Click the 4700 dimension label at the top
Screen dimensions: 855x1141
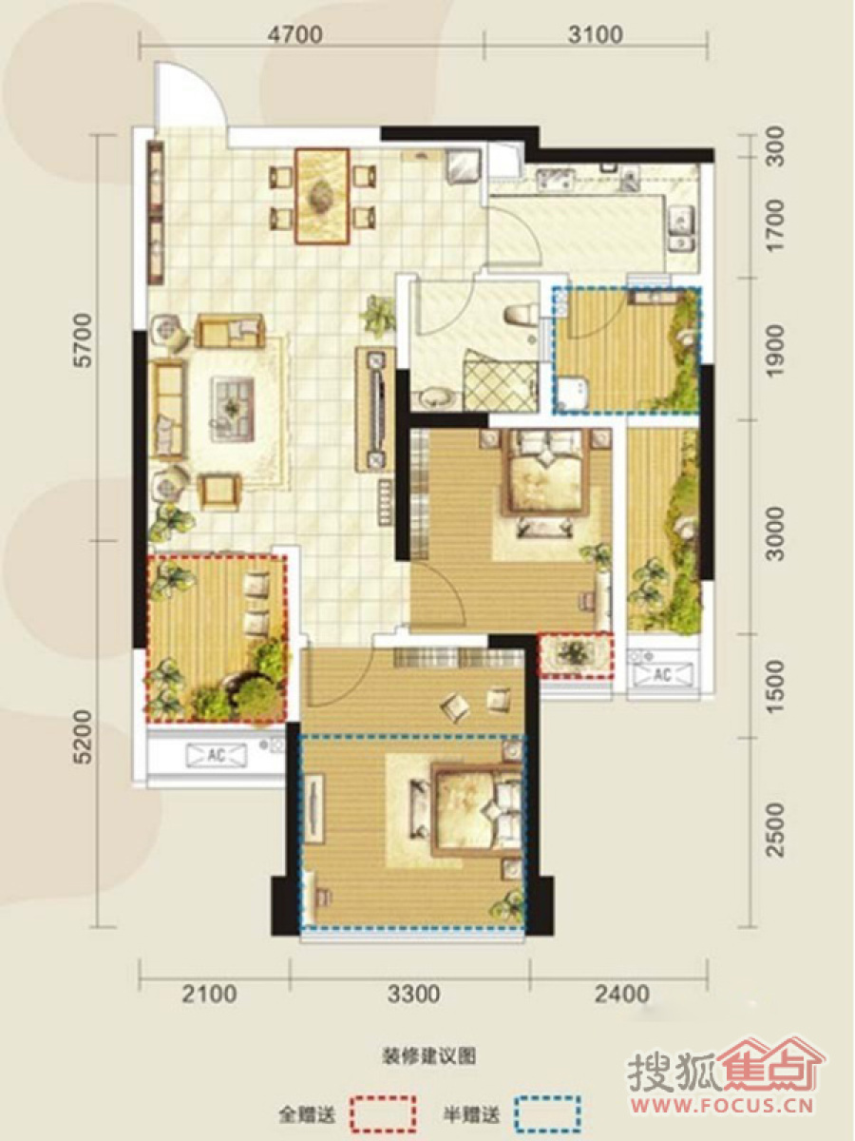pyautogui.click(x=295, y=34)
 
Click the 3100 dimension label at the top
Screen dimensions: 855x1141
pyautogui.click(x=596, y=34)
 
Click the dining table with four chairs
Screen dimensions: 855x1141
pyautogui.click(x=322, y=196)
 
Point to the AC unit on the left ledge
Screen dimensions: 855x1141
pyautogui.click(x=217, y=756)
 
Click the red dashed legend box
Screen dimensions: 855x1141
pyautogui.click(x=383, y=1109)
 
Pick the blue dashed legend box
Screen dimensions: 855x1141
pyautogui.click(x=548, y=1109)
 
